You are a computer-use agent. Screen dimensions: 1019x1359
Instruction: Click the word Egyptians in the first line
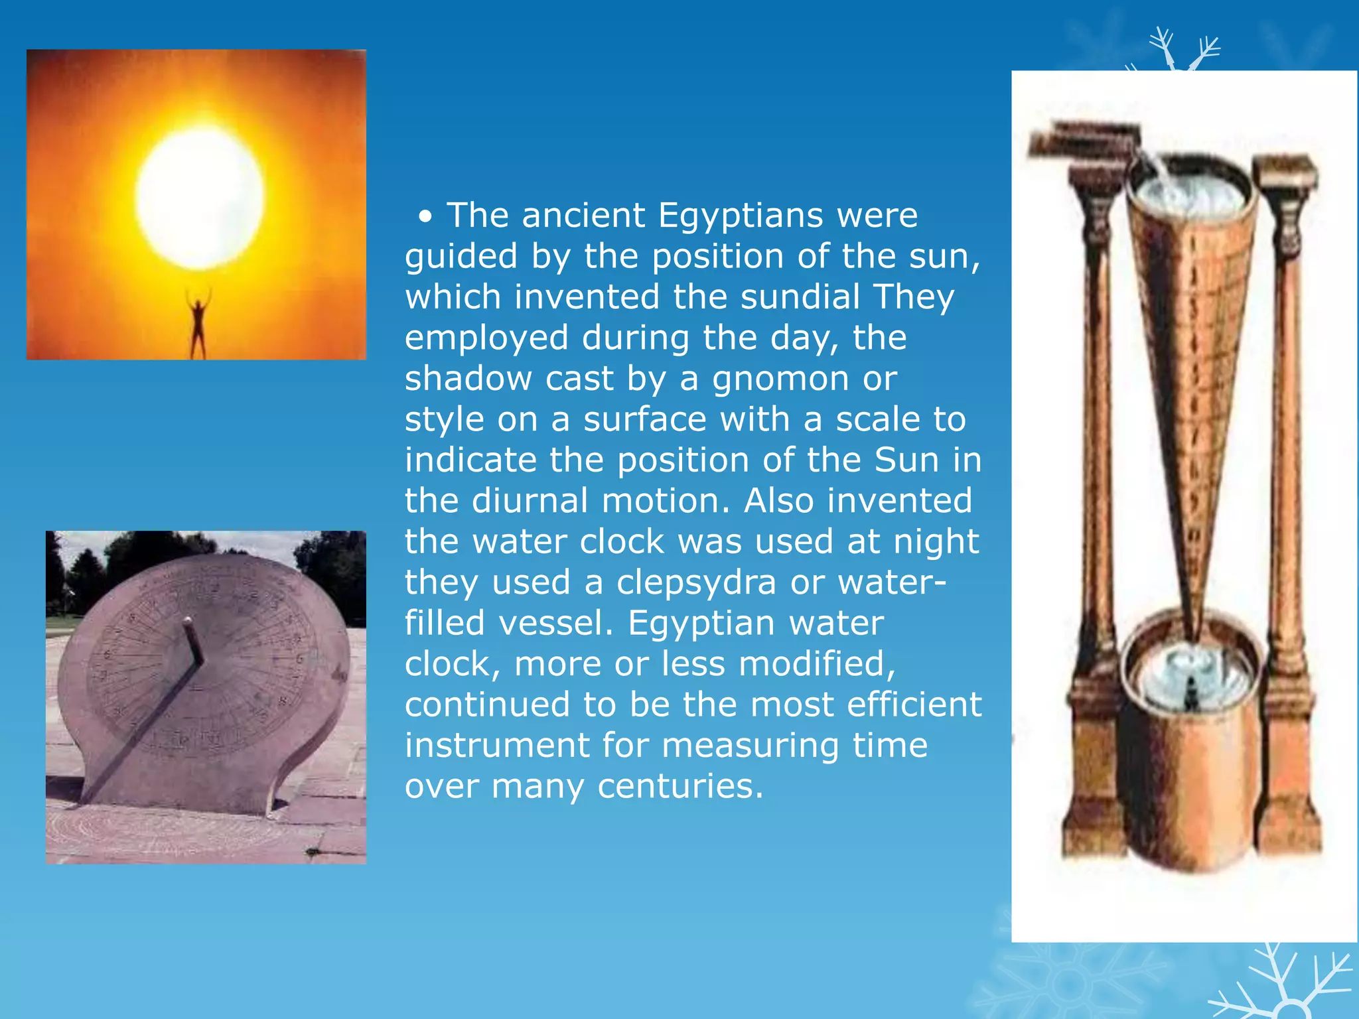click(741, 216)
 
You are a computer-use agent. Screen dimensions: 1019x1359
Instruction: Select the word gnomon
click(780, 379)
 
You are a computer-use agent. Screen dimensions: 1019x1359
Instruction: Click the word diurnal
click(530, 501)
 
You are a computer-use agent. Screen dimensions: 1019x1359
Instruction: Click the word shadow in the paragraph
click(468, 379)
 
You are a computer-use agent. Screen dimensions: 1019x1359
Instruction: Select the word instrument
click(497, 746)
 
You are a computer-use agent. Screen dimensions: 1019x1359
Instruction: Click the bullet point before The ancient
click(426, 217)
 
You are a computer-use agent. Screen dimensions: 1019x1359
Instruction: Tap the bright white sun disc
click(199, 198)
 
